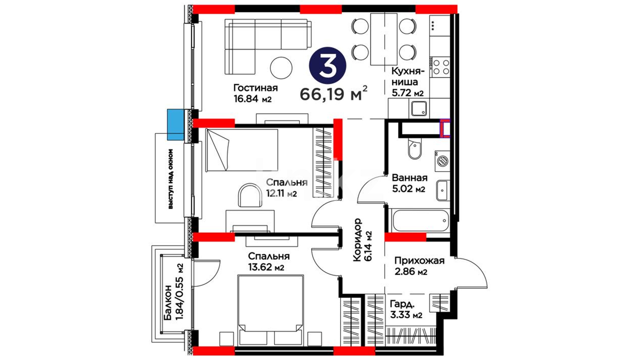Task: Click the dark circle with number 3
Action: coord(328,65)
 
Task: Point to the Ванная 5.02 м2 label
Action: coord(409,183)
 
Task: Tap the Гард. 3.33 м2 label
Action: coord(406,309)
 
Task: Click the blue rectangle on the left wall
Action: coord(175,125)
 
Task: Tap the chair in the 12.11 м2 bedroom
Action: coord(250,195)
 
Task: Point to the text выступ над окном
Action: coord(171,179)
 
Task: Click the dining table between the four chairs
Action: coord(384,39)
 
